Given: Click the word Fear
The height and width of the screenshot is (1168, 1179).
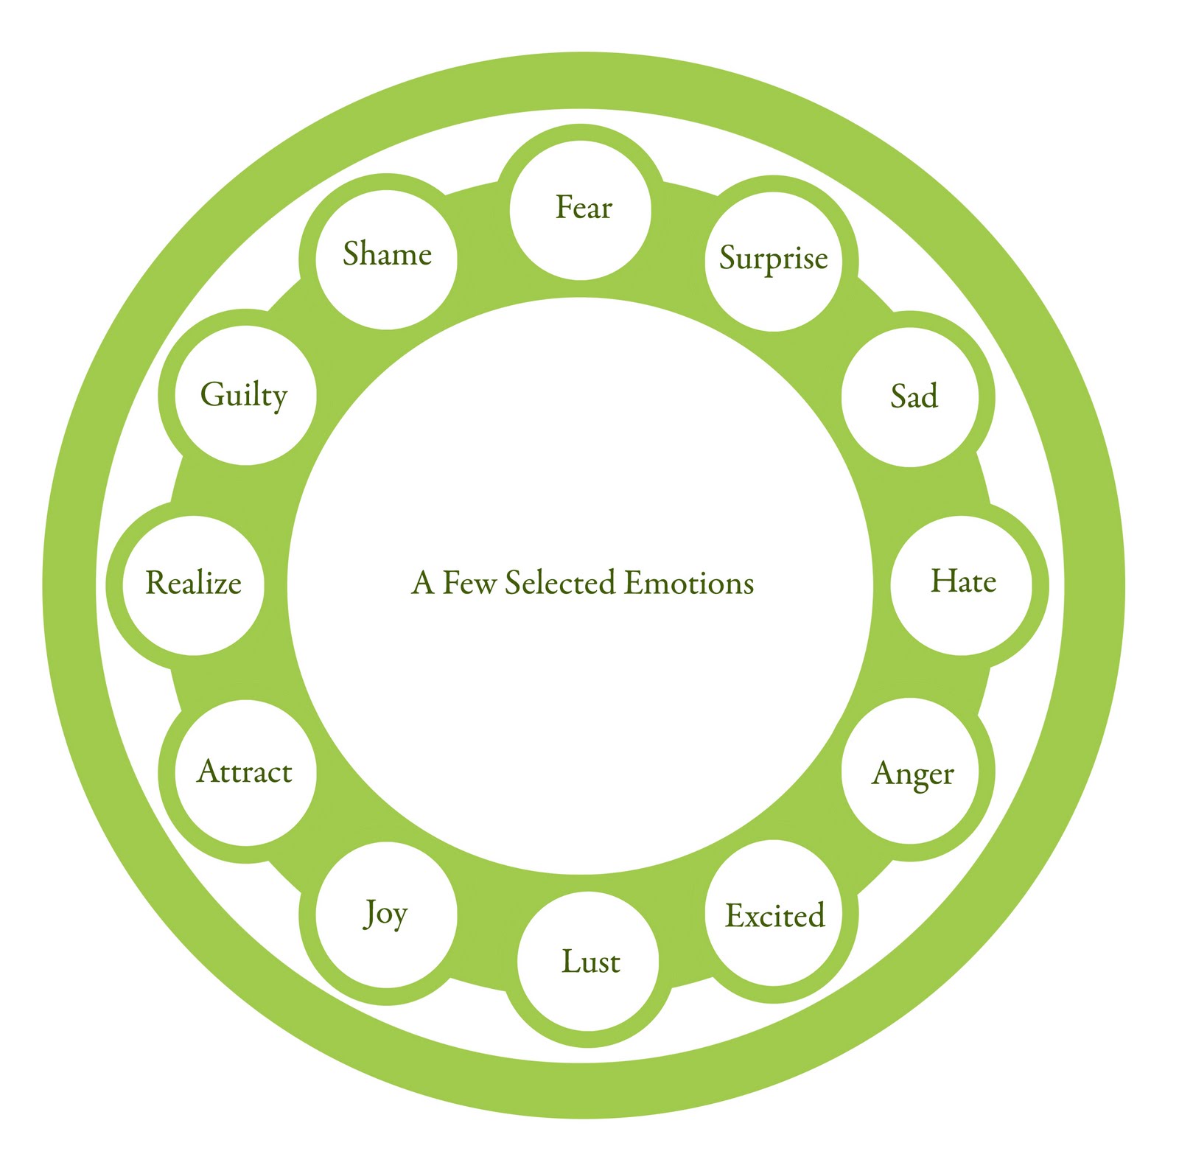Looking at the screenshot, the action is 584,208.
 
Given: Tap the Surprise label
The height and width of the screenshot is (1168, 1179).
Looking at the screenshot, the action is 773,258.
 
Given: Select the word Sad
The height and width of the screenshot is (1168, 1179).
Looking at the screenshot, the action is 914,396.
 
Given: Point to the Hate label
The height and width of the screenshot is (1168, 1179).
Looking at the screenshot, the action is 963,581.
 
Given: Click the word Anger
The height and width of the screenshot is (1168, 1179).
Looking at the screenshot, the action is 912,774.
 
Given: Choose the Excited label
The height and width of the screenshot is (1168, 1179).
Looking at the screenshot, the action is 774,916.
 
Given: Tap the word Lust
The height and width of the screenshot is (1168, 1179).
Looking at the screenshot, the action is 590,962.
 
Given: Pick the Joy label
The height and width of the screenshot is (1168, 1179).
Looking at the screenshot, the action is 385,914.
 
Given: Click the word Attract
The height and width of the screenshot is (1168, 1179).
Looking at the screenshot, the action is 245,772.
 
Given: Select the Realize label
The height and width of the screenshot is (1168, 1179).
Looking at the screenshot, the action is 193,583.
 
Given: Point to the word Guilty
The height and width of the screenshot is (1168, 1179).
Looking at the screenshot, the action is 243,395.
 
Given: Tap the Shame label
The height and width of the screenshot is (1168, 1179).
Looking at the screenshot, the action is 387,254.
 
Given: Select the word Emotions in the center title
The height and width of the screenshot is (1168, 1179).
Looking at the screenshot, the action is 689,583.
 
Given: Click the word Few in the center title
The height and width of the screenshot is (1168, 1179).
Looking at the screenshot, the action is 469,583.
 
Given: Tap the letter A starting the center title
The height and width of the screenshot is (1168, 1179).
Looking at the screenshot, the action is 422,583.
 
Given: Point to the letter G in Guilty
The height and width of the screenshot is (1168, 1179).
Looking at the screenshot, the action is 211,394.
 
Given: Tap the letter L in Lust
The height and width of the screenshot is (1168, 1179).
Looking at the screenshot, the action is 570,961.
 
